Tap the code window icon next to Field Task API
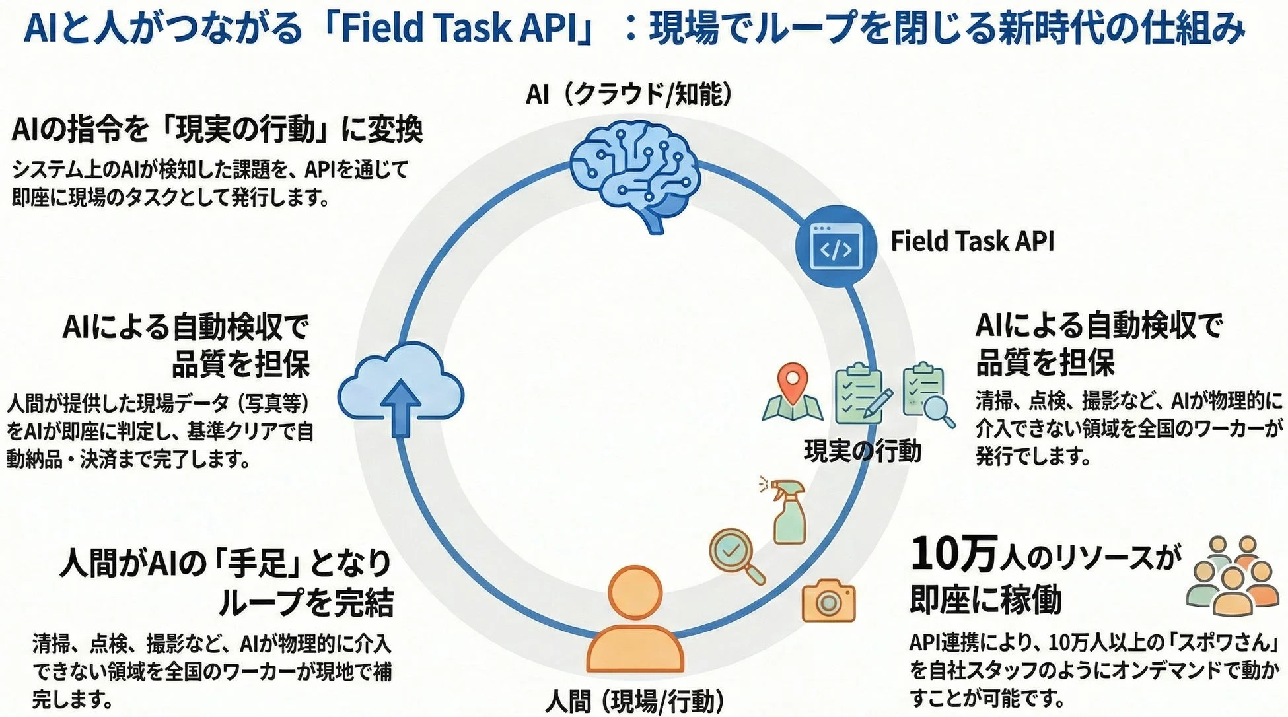[836, 246]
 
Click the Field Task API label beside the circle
[972, 241]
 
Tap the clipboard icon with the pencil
[863, 393]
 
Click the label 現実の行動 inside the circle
[862, 451]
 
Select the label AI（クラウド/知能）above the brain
[629, 94]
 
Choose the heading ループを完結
[306, 601]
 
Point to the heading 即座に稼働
[985, 599]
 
